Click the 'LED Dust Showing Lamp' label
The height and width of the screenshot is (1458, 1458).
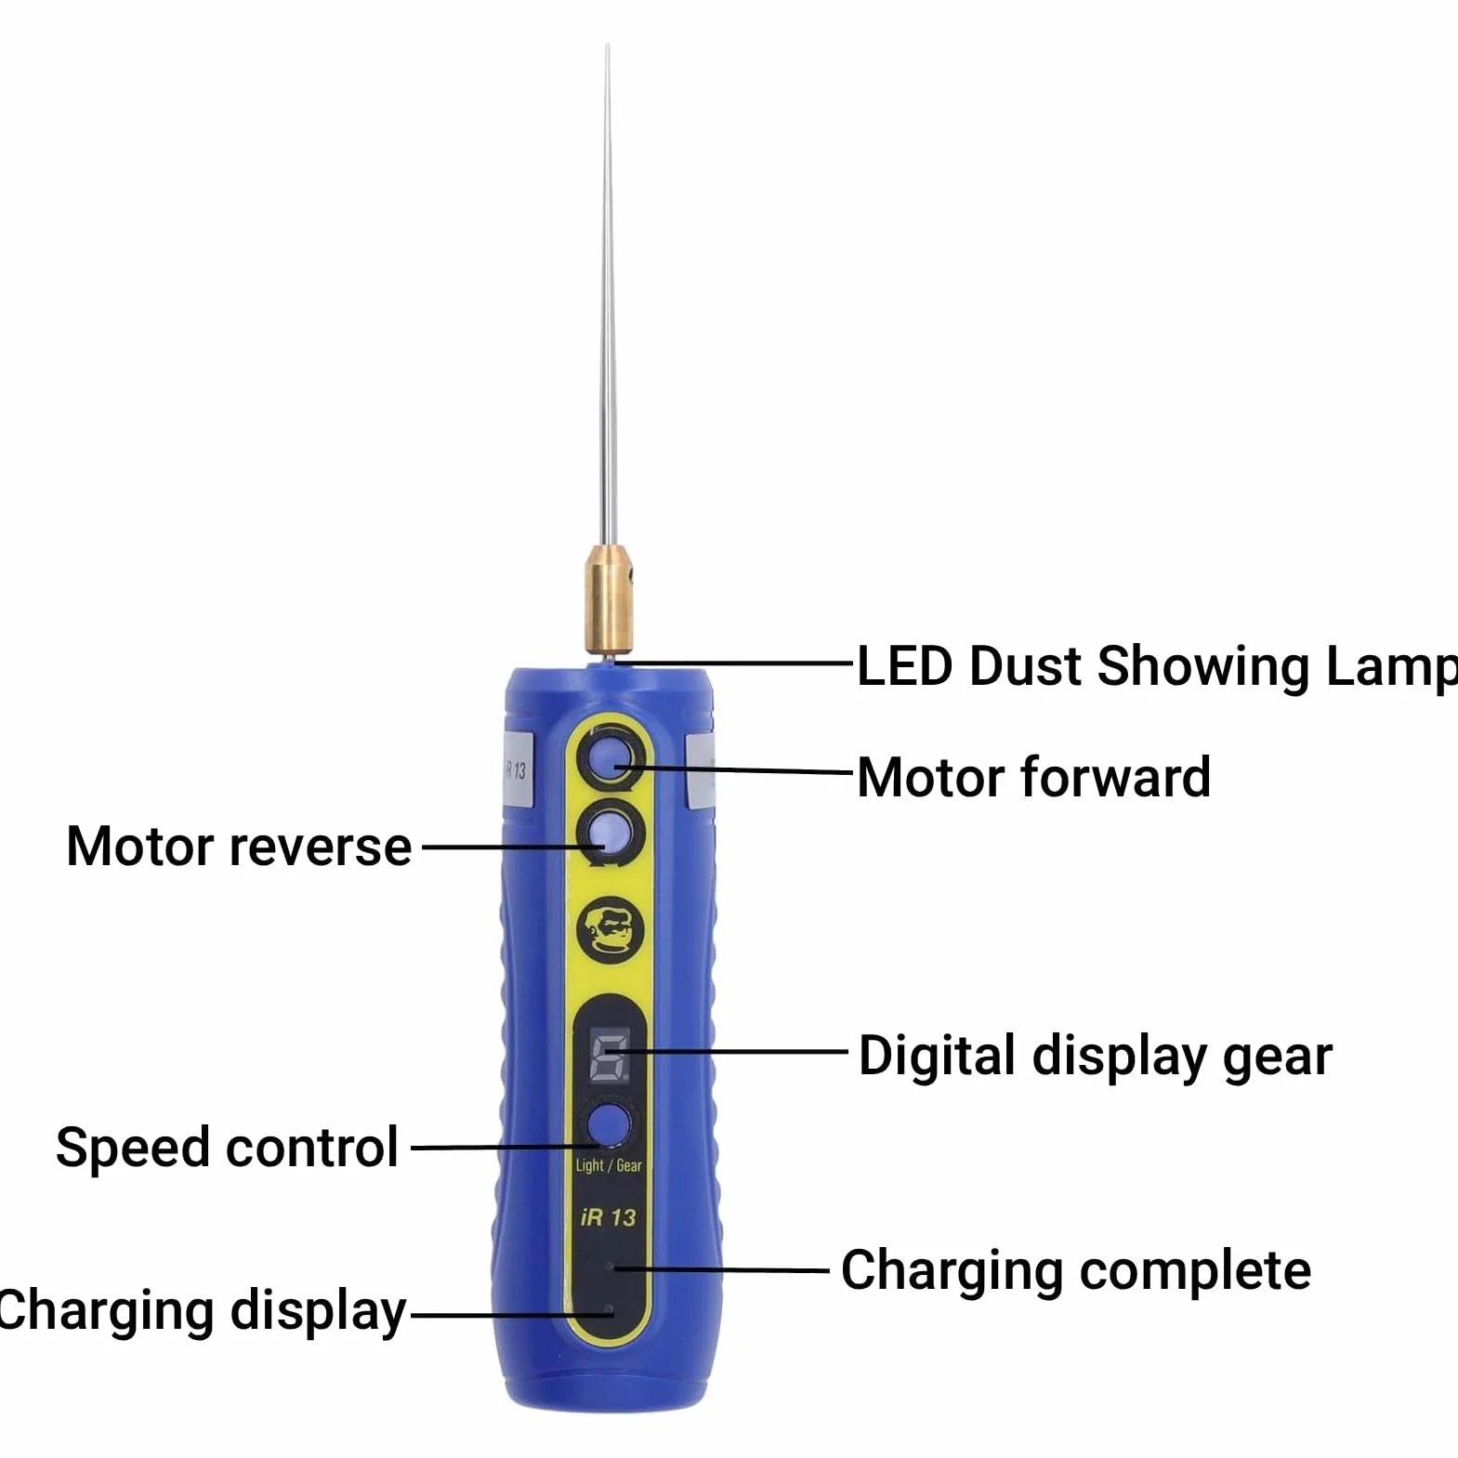tap(1157, 666)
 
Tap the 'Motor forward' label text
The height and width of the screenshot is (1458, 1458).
tap(1033, 777)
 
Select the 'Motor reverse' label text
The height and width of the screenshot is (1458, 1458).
tap(239, 847)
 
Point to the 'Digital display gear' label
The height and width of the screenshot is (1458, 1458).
tap(1095, 1057)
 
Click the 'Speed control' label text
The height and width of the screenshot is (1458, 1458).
tap(228, 1148)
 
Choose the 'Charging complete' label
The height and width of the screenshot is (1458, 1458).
tap(1076, 1270)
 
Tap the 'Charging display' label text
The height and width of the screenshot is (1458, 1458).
tap(202, 1311)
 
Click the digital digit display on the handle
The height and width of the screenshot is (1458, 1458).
tap(610, 1057)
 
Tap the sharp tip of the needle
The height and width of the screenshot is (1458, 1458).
tap(608, 45)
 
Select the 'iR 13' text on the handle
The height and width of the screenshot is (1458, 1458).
tap(609, 1217)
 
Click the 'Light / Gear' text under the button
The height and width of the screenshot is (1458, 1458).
tap(609, 1165)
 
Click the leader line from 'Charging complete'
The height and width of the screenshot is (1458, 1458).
tap(722, 1269)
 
